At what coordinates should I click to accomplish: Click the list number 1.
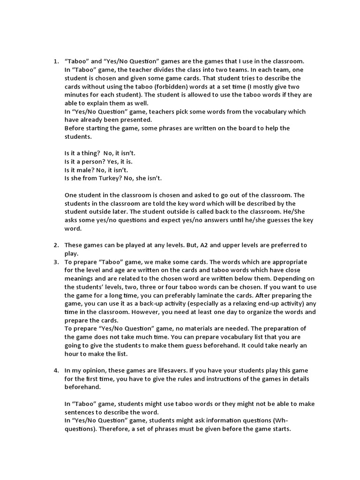55,61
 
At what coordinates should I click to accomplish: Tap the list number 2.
55,245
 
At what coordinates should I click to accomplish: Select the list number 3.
55,262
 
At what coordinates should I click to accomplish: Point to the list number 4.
55,371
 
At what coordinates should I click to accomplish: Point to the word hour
74,354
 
